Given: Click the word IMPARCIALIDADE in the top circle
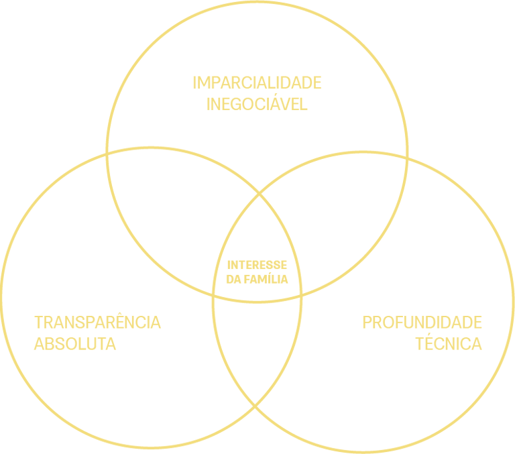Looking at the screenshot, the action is (257, 83).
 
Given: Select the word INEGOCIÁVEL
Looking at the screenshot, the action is (257, 105).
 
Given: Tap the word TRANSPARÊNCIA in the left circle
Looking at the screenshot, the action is (97, 322).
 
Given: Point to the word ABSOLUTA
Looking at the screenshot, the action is (74, 344).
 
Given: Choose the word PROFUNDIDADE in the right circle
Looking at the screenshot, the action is (422, 322).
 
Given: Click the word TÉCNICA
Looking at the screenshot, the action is (448, 344).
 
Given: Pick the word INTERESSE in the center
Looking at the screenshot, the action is (257, 266).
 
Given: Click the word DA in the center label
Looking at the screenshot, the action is (234, 279).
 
